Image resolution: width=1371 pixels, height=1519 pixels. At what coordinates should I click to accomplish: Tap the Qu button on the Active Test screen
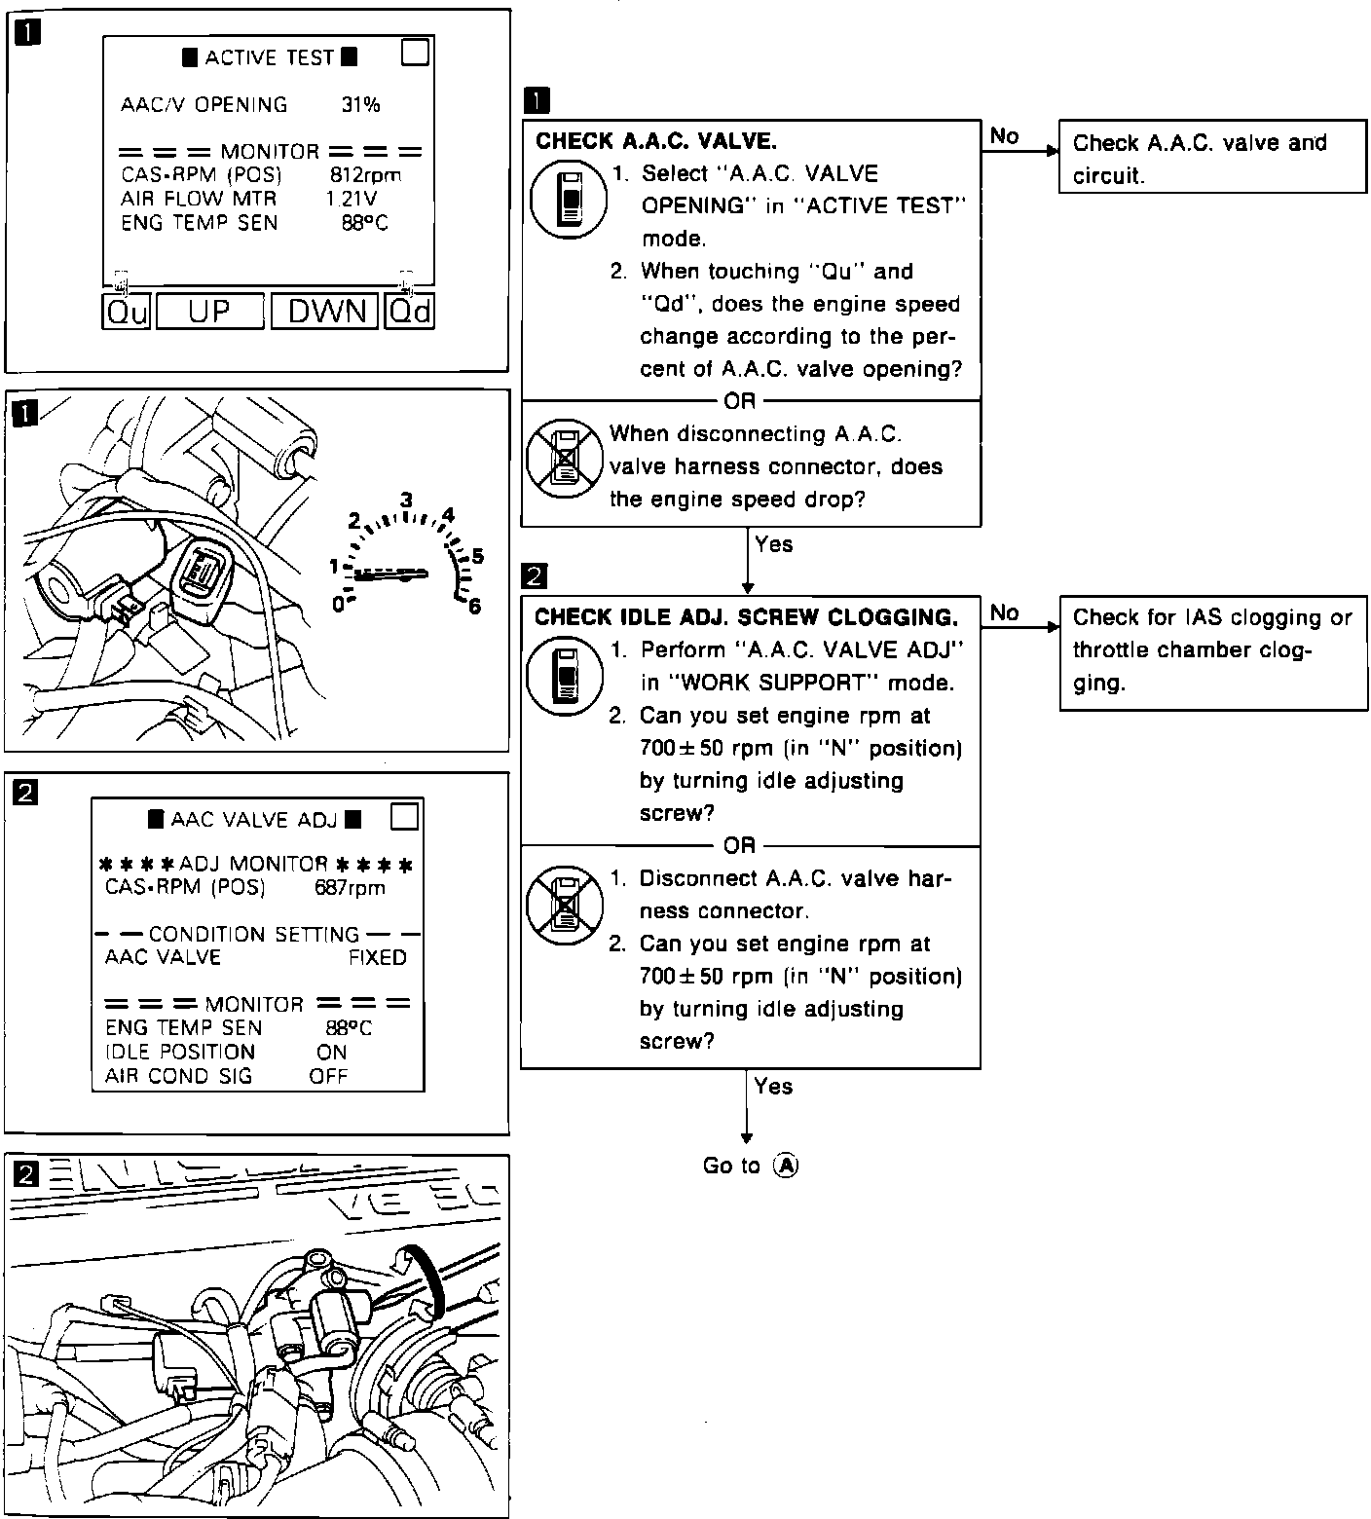(127, 312)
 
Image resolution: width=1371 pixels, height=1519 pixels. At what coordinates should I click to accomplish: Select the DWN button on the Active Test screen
(325, 312)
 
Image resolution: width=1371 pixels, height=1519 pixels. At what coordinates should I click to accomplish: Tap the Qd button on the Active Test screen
(409, 312)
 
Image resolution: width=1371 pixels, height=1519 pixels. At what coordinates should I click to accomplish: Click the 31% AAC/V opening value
(360, 105)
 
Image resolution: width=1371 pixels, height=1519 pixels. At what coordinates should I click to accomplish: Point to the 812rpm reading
(365, 175)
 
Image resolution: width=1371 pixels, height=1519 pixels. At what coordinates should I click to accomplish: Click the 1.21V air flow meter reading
(352, 199)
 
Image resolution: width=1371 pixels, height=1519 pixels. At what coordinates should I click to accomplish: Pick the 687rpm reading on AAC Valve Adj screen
(350, 888)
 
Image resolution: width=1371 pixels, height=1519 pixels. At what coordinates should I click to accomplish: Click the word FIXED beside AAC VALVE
(378, 957)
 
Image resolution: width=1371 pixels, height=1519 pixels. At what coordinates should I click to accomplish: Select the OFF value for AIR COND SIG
(328, 1076)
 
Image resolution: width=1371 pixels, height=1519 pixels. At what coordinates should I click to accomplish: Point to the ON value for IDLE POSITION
(332, 1052)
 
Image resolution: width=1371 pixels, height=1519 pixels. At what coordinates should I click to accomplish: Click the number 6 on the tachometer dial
(475, 607)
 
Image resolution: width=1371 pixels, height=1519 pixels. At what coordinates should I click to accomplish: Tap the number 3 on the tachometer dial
(406, 500)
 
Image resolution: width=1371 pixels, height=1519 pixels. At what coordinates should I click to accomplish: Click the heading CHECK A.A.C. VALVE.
(656, 141)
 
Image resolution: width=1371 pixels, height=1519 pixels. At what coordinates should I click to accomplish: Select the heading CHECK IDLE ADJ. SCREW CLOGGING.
(746, 617)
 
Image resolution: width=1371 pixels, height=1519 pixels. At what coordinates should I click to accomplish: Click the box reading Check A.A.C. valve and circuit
(1212, 158)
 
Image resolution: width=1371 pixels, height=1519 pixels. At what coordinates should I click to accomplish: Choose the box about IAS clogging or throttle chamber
(1212, 649)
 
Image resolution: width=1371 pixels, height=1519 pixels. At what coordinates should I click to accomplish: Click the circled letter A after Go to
(785, 1166)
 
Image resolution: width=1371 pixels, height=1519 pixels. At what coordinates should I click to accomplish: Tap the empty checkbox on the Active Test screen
(416, 52)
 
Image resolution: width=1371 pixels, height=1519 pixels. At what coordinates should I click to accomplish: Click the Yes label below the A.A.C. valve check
(774, 544)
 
